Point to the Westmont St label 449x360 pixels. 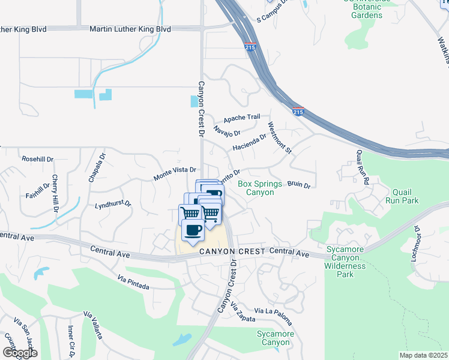point(280,139)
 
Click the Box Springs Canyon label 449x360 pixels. point(265,188)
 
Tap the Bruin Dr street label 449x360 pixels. point(298,185)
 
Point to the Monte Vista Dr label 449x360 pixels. point(175,174)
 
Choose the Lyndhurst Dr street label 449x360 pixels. point(113,204)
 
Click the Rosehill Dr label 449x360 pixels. point(38,159)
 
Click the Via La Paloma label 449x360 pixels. point(273,311)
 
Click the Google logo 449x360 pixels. point(20,353)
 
